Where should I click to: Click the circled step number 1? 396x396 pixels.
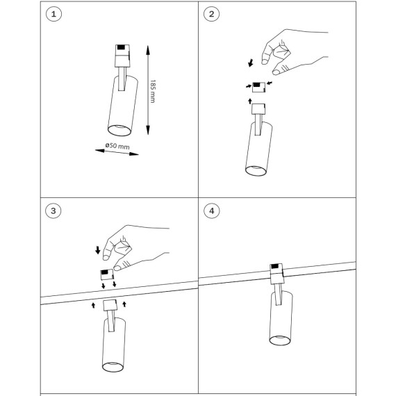[x=53, y=14]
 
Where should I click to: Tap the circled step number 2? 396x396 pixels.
[x=211, y=14]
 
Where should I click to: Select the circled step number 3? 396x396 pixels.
[x=53, y=211]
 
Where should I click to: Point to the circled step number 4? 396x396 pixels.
[x=212, y=211]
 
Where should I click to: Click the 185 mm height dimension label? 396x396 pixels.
[x=153, y=91]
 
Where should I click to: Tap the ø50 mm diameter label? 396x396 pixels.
[x=117, y=146]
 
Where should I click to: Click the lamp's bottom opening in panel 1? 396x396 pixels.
[x=119, y=131]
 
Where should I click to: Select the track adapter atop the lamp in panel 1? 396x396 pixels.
[x=122, y=56]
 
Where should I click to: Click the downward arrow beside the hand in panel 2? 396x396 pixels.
[x=251, y=63]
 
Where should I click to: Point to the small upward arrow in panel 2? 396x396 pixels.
[x=250, y=101]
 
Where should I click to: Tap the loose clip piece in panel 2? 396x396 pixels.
[x=258, y=88]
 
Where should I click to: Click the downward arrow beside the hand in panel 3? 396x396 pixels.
[x=98, y=250]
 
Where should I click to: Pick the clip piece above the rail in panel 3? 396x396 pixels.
[x=107, y=274]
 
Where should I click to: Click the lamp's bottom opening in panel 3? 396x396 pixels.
[x=113, y=367]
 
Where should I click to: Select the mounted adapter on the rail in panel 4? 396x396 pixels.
[x=277, y=274]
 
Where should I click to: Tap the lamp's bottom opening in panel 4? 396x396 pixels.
[x=280, y=340]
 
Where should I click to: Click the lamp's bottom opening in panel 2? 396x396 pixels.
[x=256, y=171]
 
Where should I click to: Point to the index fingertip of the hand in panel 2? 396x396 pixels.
[x=265, y=62]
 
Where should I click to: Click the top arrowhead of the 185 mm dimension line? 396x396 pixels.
[x=148, y=50]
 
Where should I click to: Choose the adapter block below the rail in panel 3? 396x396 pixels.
[x=110, y=305]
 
